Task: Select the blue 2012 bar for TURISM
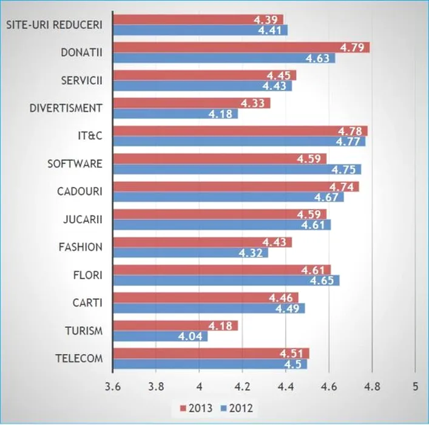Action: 160,336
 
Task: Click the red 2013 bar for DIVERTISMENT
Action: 191,103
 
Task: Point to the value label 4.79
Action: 357,47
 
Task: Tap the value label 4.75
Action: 349,169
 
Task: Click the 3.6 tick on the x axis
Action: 112,386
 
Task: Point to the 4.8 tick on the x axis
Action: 371,386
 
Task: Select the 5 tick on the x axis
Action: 414,386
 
